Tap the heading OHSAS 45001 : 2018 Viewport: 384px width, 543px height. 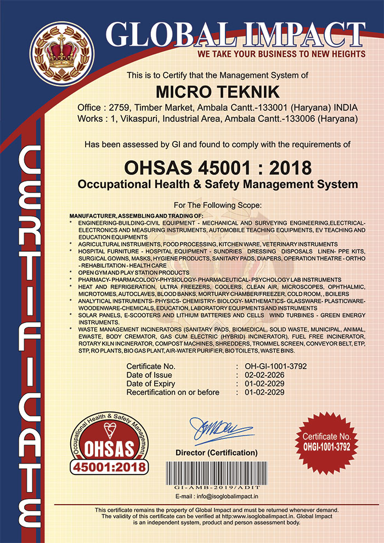pyautogui.click(x=218, y=166)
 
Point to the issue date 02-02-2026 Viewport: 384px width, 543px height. pyautogui.click(x=261, y=375)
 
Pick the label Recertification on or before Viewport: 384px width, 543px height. pyautogui.click(x=173, y=392)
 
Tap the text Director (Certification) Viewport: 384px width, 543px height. pyautogui.click(x=216, y=452)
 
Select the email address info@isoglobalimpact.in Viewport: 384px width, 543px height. pyautogui.click(x=217, y=496)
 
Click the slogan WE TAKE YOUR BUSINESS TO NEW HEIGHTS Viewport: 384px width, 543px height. pyautogui.click(x=281, y=54)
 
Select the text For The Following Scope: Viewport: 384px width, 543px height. pyautogui.click(x=218, y=205)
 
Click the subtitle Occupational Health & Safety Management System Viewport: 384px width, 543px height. pyautogui.click(x=218, y=184)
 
